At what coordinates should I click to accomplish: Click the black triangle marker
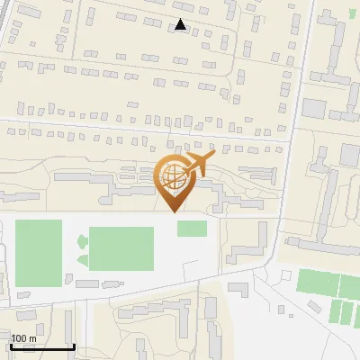tap(181, 25)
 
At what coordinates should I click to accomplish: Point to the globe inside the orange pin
tap(170, 177)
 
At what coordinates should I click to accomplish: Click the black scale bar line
tap(42, 347)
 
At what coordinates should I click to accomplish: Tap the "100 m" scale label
tap(23, 338)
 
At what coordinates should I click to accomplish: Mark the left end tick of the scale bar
tap(11, 346)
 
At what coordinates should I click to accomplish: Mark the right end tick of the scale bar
tap(74, 346)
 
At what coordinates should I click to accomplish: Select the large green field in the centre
tap(121, 247)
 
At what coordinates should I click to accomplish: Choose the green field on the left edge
tap(39, 253)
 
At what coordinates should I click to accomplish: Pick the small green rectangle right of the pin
tap(192, 229)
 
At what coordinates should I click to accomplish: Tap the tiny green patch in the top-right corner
tap(351, 14)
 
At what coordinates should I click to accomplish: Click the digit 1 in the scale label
tap(13, 338)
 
